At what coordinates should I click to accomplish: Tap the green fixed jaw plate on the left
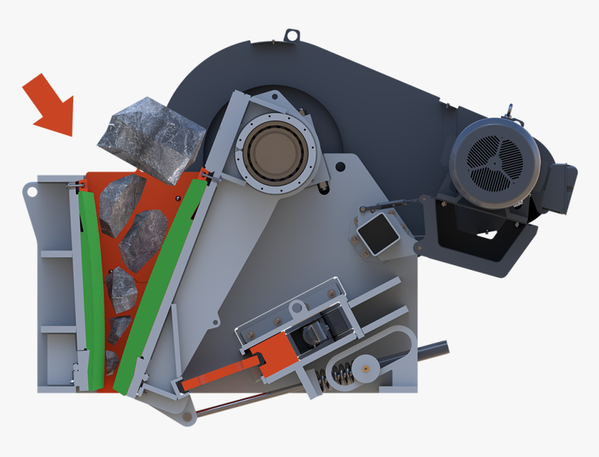click(91, 286)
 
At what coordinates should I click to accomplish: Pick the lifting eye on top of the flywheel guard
click(292, 34)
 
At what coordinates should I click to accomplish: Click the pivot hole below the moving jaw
click(187, 417)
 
